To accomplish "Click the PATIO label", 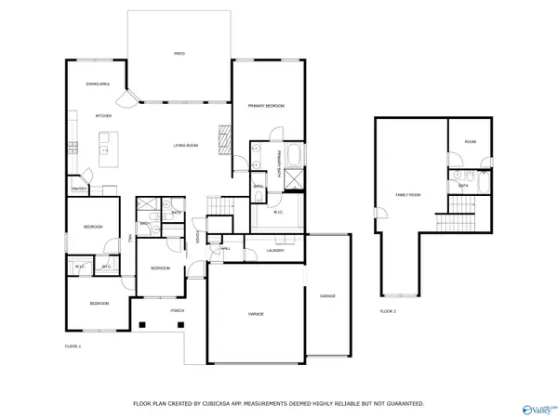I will pos(179,54).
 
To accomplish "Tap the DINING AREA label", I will pos(99,85).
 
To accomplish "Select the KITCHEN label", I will pos(103,115).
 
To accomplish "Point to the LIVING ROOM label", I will pos(186,146).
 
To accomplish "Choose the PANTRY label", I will pos(79,189).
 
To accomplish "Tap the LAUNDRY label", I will pos(274,251).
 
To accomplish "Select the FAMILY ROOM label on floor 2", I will pos(407,195).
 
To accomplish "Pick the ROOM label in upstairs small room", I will pos(470,141).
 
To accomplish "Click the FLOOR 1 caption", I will pos(73,346).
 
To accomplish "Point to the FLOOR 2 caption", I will pos(388,310).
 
